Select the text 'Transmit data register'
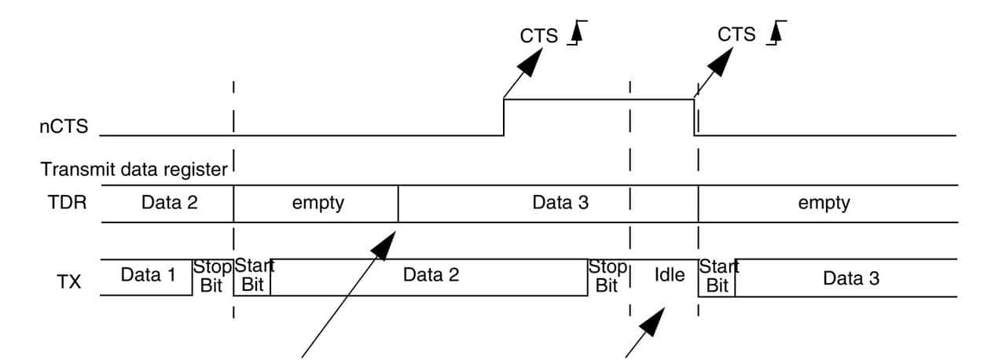coord(134,168)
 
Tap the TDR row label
coord(63,203)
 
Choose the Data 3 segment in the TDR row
coord(560,203)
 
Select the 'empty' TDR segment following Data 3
coord(824,203)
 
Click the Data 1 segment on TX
coord(146,275)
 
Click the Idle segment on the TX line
coord(670,276)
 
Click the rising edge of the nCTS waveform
coord(504,117)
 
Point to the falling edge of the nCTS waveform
coord(694,117)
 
